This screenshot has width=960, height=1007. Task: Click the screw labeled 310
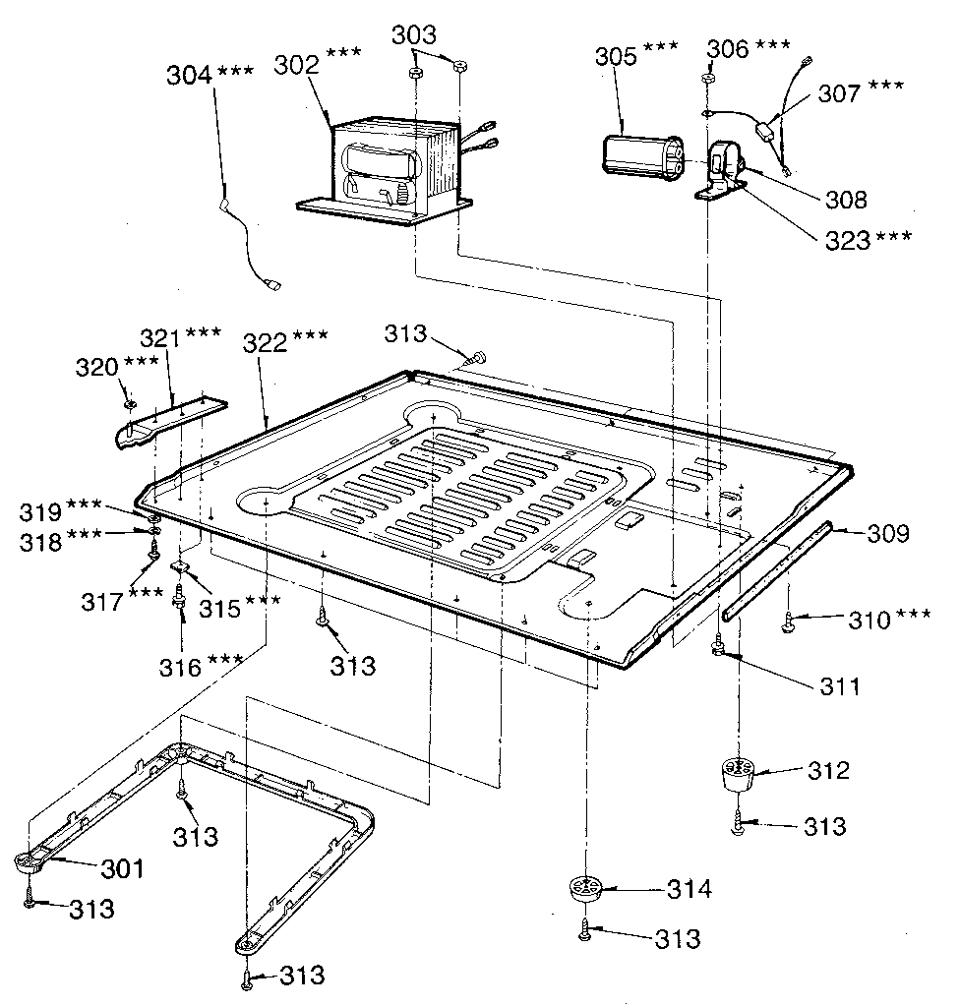[789, 620]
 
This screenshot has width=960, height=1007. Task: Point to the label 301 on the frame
[121, 868]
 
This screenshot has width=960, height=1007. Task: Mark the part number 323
[849, 238]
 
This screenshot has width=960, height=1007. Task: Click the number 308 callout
[847, 200]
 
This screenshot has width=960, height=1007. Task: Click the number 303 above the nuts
[416, 35]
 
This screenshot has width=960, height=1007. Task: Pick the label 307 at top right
[840, 92]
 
